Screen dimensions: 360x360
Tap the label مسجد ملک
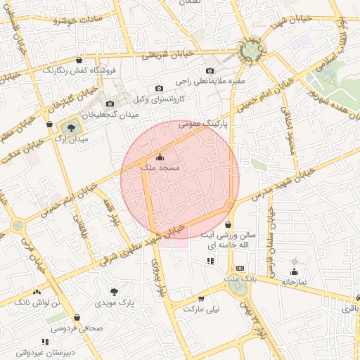(x=160, y=169)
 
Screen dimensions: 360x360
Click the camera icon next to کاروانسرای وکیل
(x=160, y=88)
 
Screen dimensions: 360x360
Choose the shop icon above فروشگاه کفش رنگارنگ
(x=79, y=60)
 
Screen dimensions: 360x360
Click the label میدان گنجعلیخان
(x=108, y=114)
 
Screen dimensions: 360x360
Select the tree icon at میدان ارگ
(x=70, y=127)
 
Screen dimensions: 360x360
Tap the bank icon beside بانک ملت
(x=240, y=268)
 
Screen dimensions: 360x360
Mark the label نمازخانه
(x=295, y=282)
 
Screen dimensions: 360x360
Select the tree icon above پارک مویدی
(x=115, y=291)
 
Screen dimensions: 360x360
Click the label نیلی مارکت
(x=202, y=309)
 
